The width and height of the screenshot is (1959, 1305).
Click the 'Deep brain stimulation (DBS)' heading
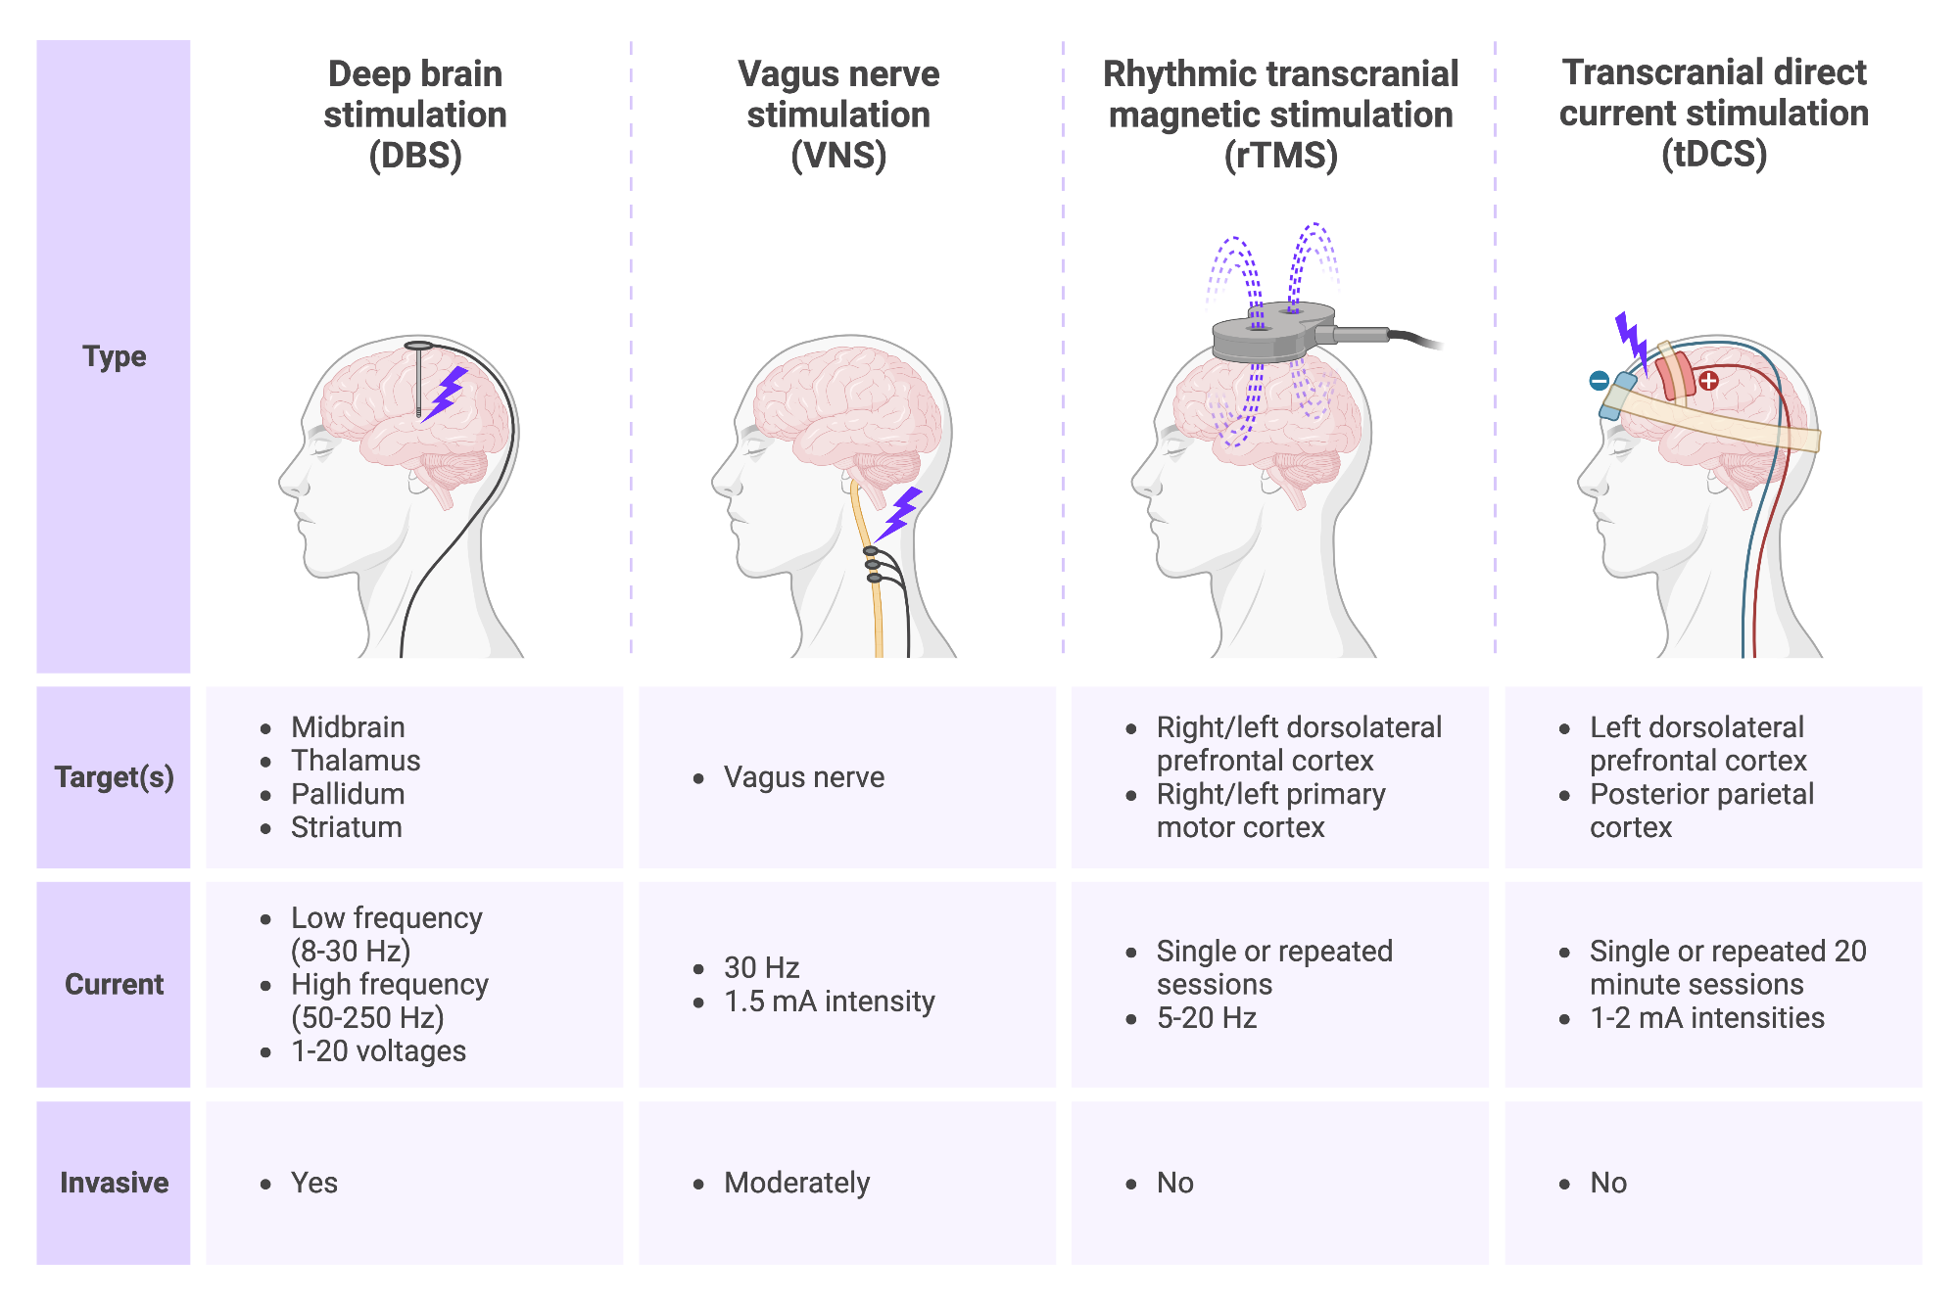point(415,115)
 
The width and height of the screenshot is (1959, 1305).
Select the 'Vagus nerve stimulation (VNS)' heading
point(838,115)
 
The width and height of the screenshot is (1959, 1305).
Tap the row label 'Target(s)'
point(114,777)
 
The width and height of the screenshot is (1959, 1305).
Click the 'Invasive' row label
point(114,1183)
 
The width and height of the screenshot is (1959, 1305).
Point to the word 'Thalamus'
point(356,761)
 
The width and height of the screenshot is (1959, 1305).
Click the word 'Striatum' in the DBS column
point(347,827)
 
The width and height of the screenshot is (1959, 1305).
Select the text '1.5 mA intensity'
point(829,1002)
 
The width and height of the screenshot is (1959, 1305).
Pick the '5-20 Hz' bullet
point(1206,1018)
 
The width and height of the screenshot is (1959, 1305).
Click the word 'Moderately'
point(796,1183)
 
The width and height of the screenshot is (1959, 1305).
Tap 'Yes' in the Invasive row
point(313,1183)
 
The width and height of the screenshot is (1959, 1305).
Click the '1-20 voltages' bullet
point(378,1051)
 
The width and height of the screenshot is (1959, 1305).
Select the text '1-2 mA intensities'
point(1706,1018)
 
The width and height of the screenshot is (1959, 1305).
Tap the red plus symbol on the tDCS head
point(1709,381)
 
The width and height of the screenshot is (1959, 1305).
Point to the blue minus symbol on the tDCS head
point(1599,381)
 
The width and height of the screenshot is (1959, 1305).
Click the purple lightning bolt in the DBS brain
point(448,392)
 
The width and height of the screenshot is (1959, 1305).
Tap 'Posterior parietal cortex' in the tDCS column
point(1700,811)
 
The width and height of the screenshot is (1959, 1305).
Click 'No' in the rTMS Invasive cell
point(1174,1183)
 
